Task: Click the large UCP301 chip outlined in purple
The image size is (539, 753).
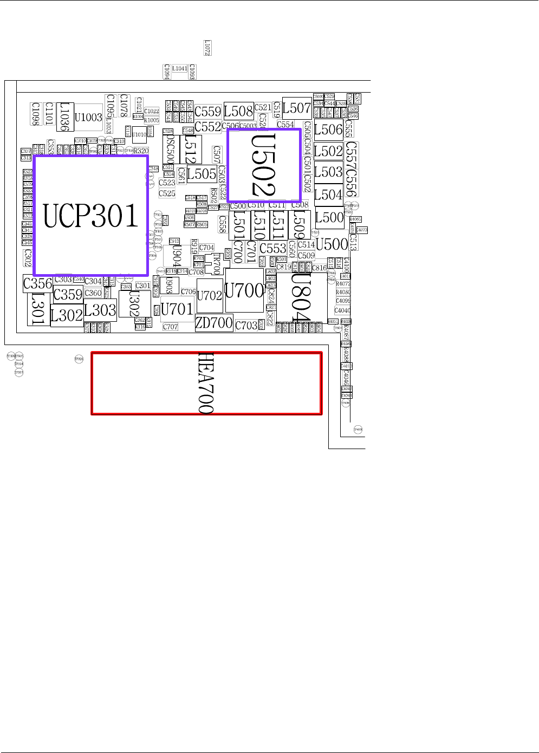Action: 91,216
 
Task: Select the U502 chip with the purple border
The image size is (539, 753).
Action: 264,165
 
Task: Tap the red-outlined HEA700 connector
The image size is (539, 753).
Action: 206,384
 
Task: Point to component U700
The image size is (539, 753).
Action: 244,291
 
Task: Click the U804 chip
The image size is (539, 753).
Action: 302,297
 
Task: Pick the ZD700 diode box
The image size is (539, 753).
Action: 214,323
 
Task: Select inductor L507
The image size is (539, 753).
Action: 296,108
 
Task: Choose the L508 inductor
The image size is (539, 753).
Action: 238,111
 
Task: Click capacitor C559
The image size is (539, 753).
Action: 208,112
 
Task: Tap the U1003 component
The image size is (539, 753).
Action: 88,118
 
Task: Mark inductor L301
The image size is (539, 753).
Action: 38,309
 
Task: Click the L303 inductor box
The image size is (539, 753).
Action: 100,310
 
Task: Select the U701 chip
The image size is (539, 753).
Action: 177,309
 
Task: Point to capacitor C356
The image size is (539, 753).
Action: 37,283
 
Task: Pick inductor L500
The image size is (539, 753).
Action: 329,218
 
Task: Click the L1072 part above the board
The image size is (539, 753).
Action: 207,48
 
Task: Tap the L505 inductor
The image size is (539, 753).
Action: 202,174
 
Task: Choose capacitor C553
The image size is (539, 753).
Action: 272,249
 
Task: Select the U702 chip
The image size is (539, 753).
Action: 209,296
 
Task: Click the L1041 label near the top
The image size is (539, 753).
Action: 180,69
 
